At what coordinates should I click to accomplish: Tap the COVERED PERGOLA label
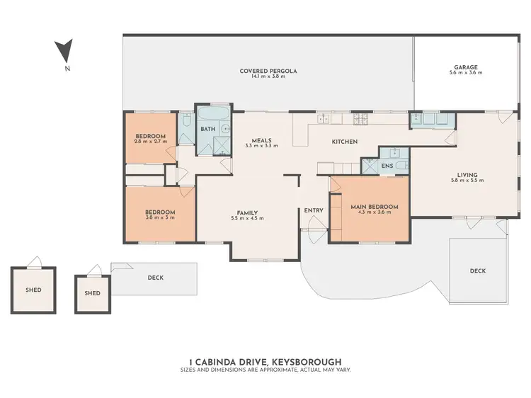[268, 71]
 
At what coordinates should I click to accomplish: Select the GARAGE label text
[466, 68]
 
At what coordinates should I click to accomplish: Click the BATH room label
[207, 129]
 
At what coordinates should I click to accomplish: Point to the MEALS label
[261, 140]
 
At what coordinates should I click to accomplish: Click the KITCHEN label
[345, 142]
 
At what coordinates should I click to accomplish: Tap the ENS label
[387, 166]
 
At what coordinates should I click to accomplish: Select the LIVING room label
[467, 174]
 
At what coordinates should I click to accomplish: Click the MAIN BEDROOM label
[375, 207]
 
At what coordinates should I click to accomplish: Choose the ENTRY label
[314, 210]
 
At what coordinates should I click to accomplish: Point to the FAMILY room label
[247, 213]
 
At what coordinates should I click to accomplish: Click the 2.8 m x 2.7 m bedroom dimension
[151, 142]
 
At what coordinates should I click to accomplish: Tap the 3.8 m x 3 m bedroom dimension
[160, 217]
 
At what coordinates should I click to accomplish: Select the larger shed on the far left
[33, 289]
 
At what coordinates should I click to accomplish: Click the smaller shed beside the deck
[92, 293]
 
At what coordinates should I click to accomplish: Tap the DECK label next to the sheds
[155, 278]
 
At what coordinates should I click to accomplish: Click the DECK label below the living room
[478, 271]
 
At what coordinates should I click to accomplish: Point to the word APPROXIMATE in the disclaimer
[278, 370]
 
